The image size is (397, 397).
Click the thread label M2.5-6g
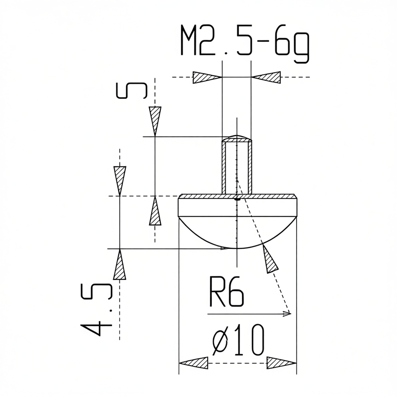pos(244,43)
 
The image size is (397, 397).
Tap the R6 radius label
pos(226,292)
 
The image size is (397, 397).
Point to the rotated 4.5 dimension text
pos(96,310)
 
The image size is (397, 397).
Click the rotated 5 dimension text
pos(132,91)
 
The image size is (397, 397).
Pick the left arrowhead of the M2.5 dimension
pos(207,77)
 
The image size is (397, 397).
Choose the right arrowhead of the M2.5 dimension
pos(266,77)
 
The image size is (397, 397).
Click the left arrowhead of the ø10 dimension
pos(194,363)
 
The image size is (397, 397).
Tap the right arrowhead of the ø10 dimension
pos(282,363)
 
